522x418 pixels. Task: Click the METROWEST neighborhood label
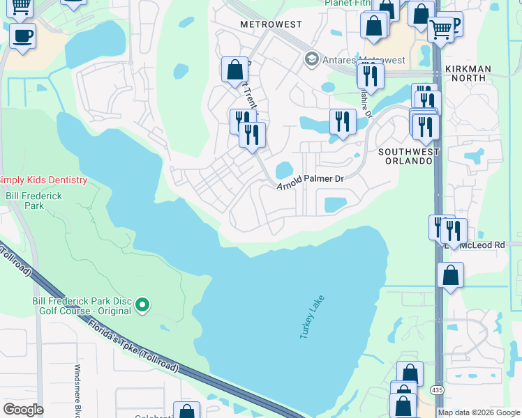click(271, 24)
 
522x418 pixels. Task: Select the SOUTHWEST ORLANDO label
click(409, 156)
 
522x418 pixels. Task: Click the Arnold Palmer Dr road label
click(311, 182)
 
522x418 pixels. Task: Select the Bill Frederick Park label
click(34, 201)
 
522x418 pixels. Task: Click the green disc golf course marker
click(142, 304)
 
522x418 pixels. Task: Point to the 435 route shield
click(437, 389)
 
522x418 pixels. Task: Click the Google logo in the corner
click(23, 409)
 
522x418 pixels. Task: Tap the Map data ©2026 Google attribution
click(479, 412)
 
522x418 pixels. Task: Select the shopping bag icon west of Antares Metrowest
click(235, 70)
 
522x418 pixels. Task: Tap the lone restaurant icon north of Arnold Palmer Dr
click(342, 122)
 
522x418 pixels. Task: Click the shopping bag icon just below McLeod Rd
click(451, 274)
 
